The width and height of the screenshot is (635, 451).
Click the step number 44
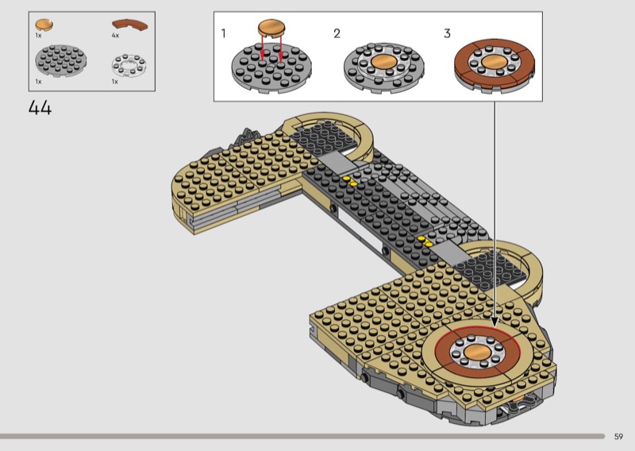point(40,108)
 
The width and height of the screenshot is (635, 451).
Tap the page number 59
point(618,437)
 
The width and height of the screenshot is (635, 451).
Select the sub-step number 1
point(223,33)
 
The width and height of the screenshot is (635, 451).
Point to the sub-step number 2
point(337,33)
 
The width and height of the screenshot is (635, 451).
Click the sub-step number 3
point(447,33)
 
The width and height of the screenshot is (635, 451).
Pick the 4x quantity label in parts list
point(115,36)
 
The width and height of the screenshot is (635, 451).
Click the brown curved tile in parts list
point(129,25)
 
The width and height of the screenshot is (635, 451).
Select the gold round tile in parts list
point(44,25)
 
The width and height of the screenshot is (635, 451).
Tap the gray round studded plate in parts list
point(61,60)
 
